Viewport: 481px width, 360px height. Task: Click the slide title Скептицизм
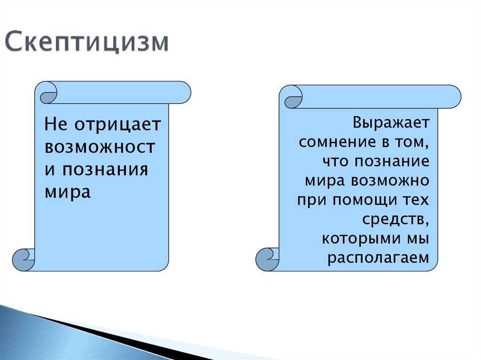pos(87,41)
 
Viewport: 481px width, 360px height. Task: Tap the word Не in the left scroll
pos(55,124)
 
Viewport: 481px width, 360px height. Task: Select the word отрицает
pos(118,125)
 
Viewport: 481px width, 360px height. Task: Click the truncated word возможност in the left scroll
pos(100,147)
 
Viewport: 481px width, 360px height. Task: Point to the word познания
pos(105,169)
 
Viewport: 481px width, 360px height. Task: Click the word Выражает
pos(391,123)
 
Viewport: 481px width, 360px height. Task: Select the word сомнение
pos(337,142)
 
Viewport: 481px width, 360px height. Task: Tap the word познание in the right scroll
pos(392,161)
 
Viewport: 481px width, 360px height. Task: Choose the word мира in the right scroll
pos(325,181)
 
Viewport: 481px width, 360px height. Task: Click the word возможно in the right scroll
pos(390,181)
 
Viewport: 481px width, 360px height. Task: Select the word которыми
pos(361,238)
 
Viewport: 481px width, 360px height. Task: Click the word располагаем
pos(378,258)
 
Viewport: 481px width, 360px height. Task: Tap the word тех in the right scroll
pos(416,200)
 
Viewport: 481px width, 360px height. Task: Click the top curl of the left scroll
pos(48,93)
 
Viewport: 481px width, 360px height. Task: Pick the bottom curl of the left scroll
pos(23,260)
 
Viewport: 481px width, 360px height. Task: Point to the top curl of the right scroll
pos(293,98)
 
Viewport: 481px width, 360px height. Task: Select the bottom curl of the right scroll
pos(267,260)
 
